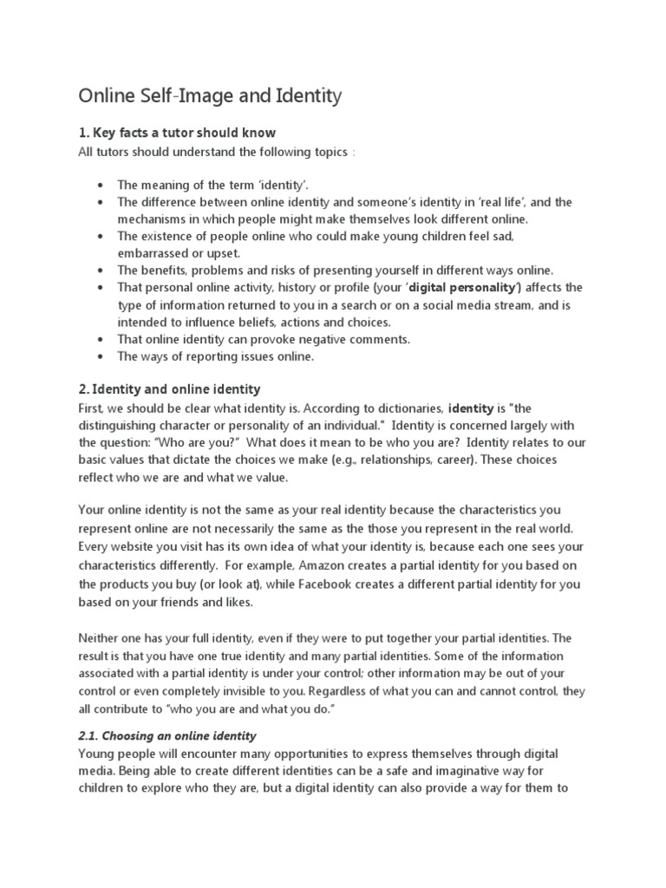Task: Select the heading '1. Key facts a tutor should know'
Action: pyautogui.click(x=177, y=133)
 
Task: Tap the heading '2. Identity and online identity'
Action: pyautogui.click(x=169, y=389)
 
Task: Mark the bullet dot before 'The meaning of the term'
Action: pyautogui.click(x=102, y=186)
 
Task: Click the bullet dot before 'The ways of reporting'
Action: pyautogui.click(x=102, y=356)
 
